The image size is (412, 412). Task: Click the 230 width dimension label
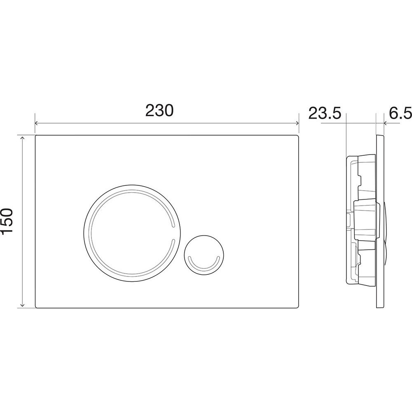click(x=159, y=110)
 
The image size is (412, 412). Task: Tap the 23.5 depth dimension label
click(x=325, y=114)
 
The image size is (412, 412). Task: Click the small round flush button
click(x=204, y=254)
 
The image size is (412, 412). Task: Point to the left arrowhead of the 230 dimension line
click(x=37, y=123)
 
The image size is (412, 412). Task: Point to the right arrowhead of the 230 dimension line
click(x=297, y=123)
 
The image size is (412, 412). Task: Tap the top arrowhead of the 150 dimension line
click(x=22, y=138)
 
